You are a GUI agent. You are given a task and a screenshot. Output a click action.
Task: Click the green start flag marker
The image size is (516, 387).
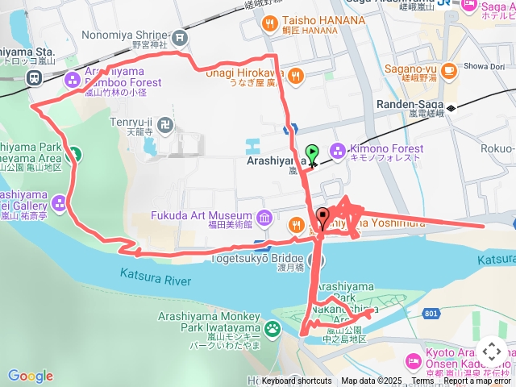point(312,152)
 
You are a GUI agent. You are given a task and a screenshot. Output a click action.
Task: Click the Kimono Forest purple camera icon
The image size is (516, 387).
point(337,150)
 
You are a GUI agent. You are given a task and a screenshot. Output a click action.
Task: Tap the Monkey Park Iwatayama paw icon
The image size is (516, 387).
point(273,327)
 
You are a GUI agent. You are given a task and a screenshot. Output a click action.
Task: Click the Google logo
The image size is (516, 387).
point(30,376)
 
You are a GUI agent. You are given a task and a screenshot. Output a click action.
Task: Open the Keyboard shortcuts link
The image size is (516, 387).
point(296,381)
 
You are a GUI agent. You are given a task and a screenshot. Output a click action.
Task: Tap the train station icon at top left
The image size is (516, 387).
point(35,77)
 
